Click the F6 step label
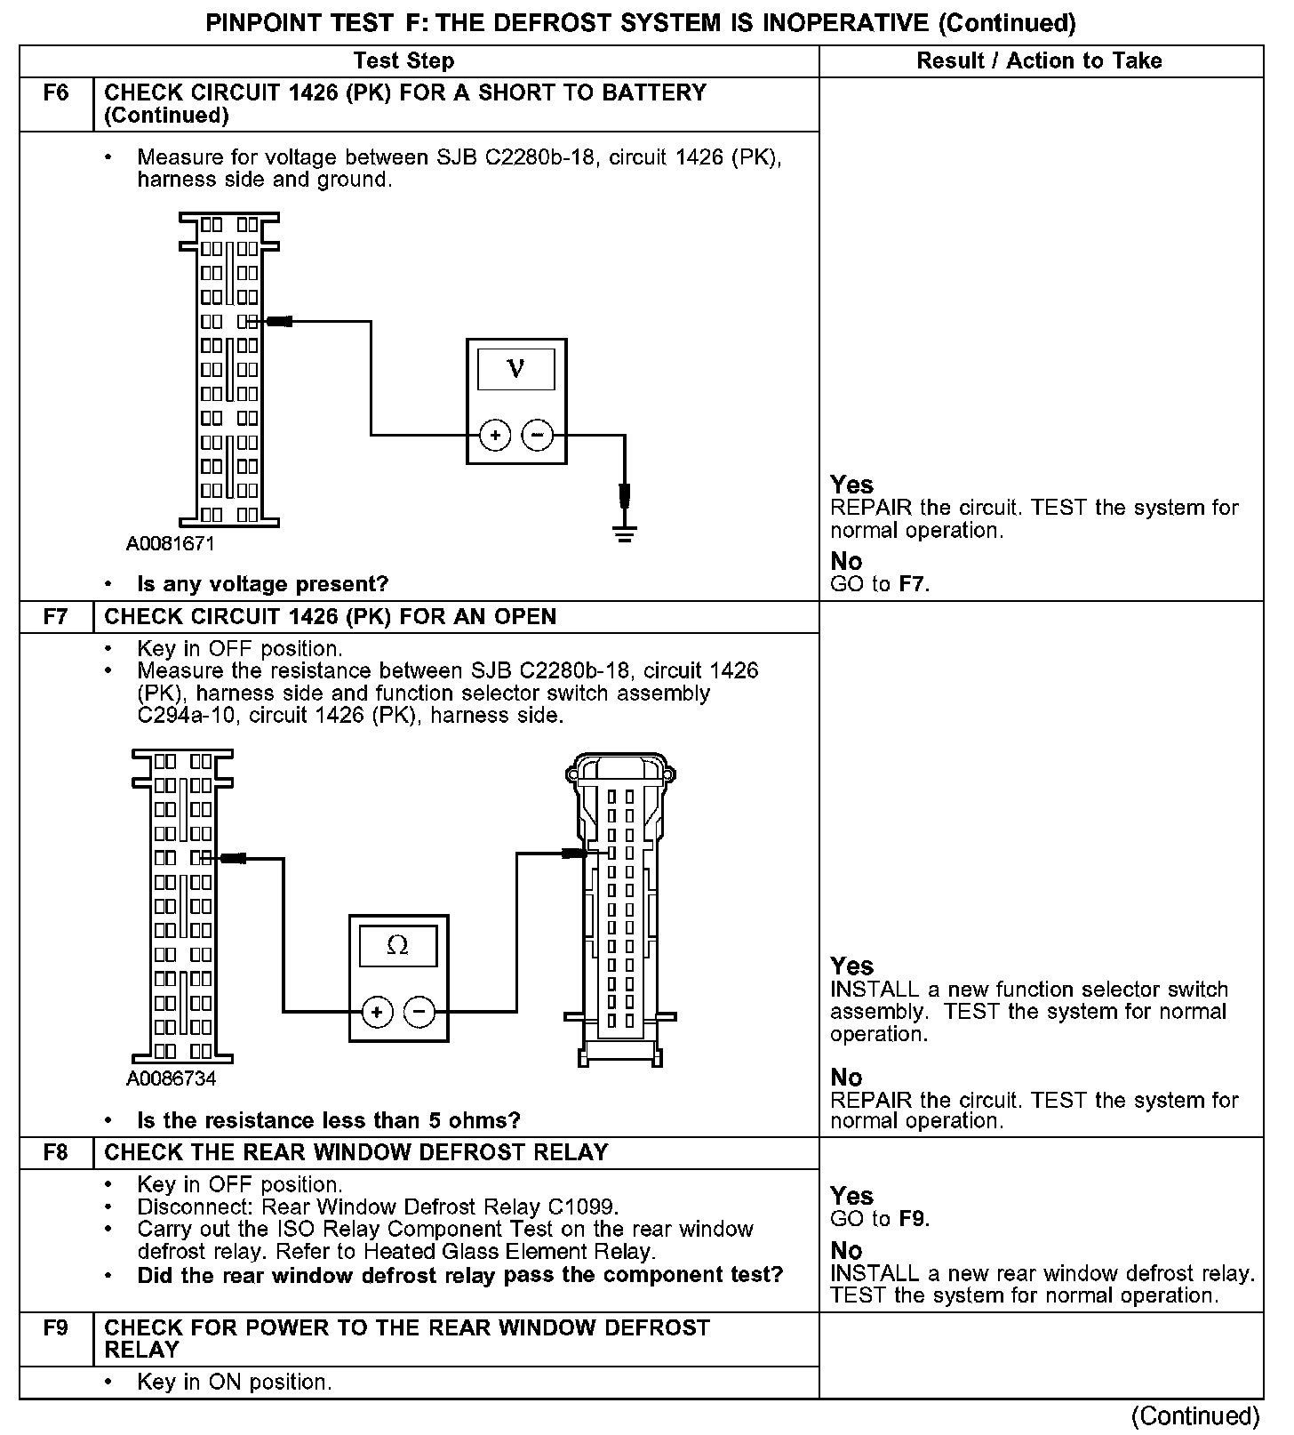coord(55,92)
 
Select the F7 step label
coord(55,616)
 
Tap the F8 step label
coord(55,1152)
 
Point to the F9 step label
coord(55,1327)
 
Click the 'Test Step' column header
coord(403,60)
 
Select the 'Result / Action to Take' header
coord(1039,60)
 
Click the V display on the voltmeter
coord(516,368)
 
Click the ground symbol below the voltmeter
coord(625,533)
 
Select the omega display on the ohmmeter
coord(398,945)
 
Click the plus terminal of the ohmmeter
coord(378,1011)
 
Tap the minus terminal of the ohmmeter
coord(419,1011)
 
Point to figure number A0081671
coord(171,543)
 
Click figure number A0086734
coord(172,1078)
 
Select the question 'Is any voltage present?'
coord(263,584)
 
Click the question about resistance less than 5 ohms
coord(329,1119)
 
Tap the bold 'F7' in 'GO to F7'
coord(913,584)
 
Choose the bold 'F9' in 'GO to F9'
coord(913,1218)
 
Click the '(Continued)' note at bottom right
coord(1196,1415)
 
